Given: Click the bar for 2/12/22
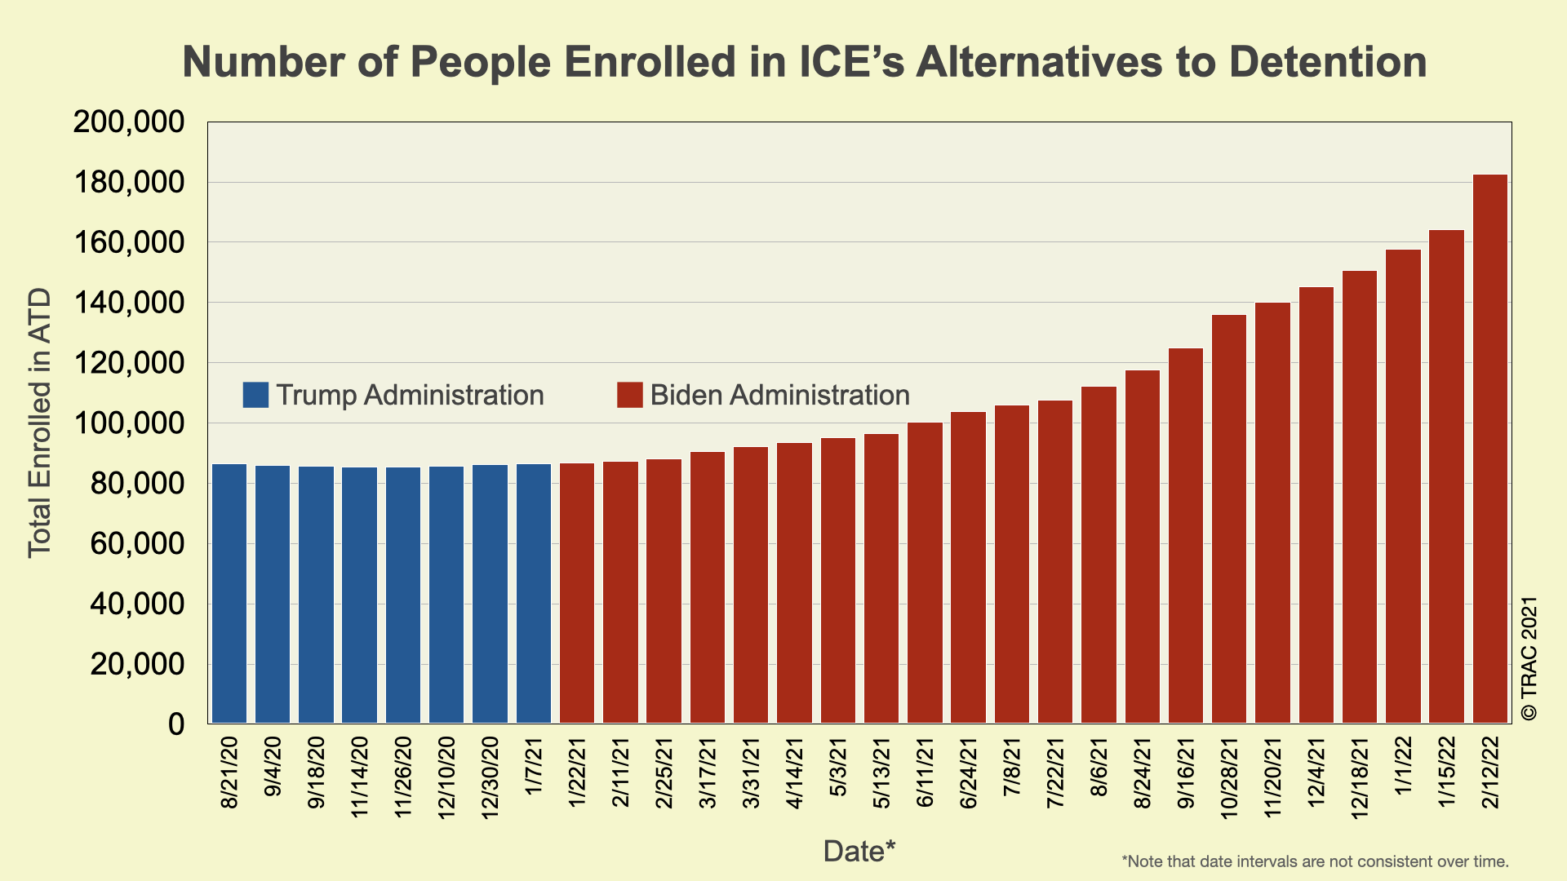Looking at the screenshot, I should tap(1489, 449).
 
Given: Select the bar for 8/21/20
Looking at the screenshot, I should tap(229, 593).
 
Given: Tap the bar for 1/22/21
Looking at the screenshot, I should tap(577, 593).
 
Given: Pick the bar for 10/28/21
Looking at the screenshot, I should tap(1229, 519).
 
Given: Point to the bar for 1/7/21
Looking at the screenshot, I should tap(534, 593).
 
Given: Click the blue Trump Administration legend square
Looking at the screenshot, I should tap(255, 395).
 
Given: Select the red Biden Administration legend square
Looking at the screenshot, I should tap(629, 395).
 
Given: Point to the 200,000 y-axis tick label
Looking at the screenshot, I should tap(129, 122).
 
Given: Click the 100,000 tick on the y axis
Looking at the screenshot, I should tap(129, 423).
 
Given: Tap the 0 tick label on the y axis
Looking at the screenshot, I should tap(176, 724).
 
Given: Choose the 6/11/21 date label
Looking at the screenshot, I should tap(925, 773).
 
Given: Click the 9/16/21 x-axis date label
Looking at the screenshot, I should tap(1186, 773).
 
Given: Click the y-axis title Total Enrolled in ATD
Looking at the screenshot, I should tap(39, 423).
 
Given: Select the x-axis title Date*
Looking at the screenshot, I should tap(859, 851).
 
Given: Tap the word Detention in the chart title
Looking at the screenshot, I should tap(1327, 62).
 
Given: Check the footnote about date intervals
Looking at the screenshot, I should tap(1315, 861).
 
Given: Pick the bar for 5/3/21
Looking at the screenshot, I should tap(838, 580).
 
